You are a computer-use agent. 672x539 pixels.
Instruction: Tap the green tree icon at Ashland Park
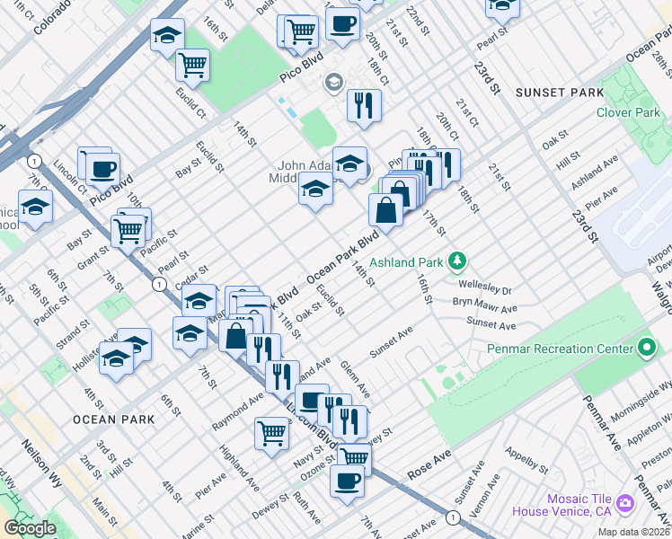(x=458, y=261)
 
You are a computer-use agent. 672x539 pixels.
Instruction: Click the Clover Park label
(x=627, y=112)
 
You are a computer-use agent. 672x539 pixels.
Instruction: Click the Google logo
(x=30, y=528)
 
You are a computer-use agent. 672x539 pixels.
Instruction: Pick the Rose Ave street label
(x=429, y=464)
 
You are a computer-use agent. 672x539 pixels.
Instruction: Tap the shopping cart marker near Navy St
(x=271, y=432)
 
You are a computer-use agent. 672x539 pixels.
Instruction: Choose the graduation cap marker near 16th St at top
(x=167, y=35)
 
